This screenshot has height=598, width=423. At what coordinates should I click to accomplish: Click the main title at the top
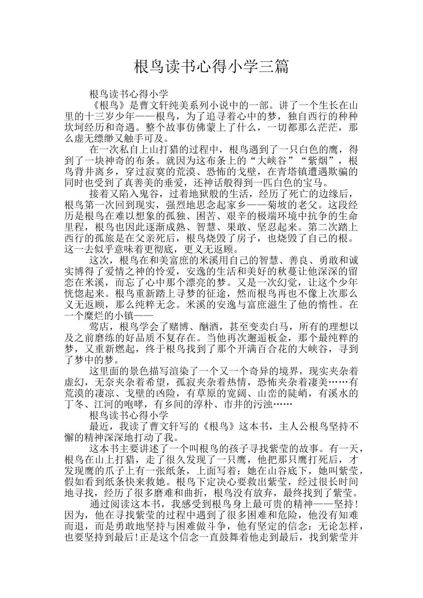click(211, 67)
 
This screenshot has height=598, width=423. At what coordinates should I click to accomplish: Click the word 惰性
click(327, 305)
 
